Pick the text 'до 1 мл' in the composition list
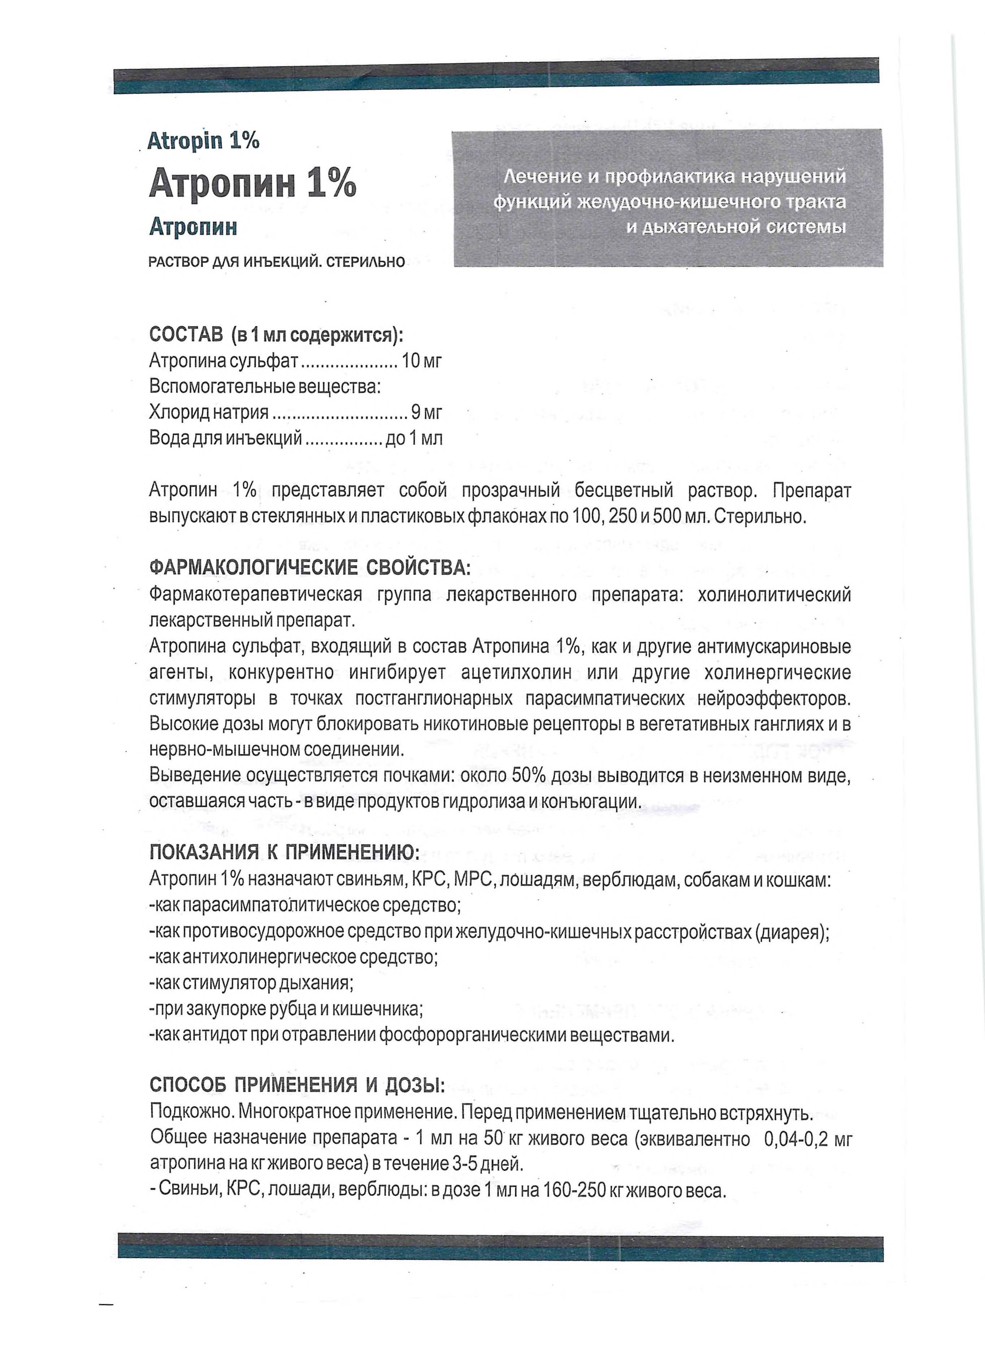414,439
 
